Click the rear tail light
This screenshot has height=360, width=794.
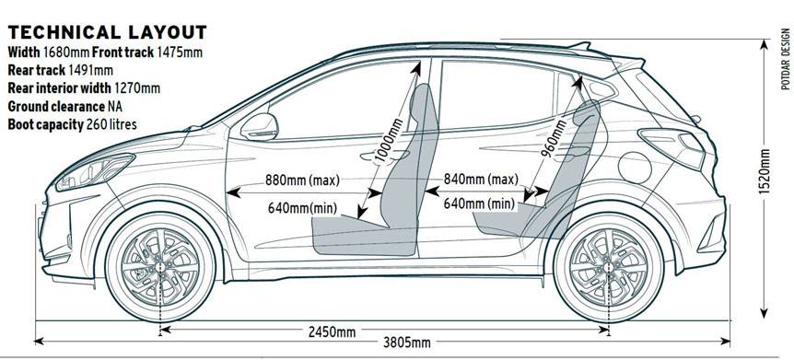676,144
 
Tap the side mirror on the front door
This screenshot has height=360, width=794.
259,125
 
